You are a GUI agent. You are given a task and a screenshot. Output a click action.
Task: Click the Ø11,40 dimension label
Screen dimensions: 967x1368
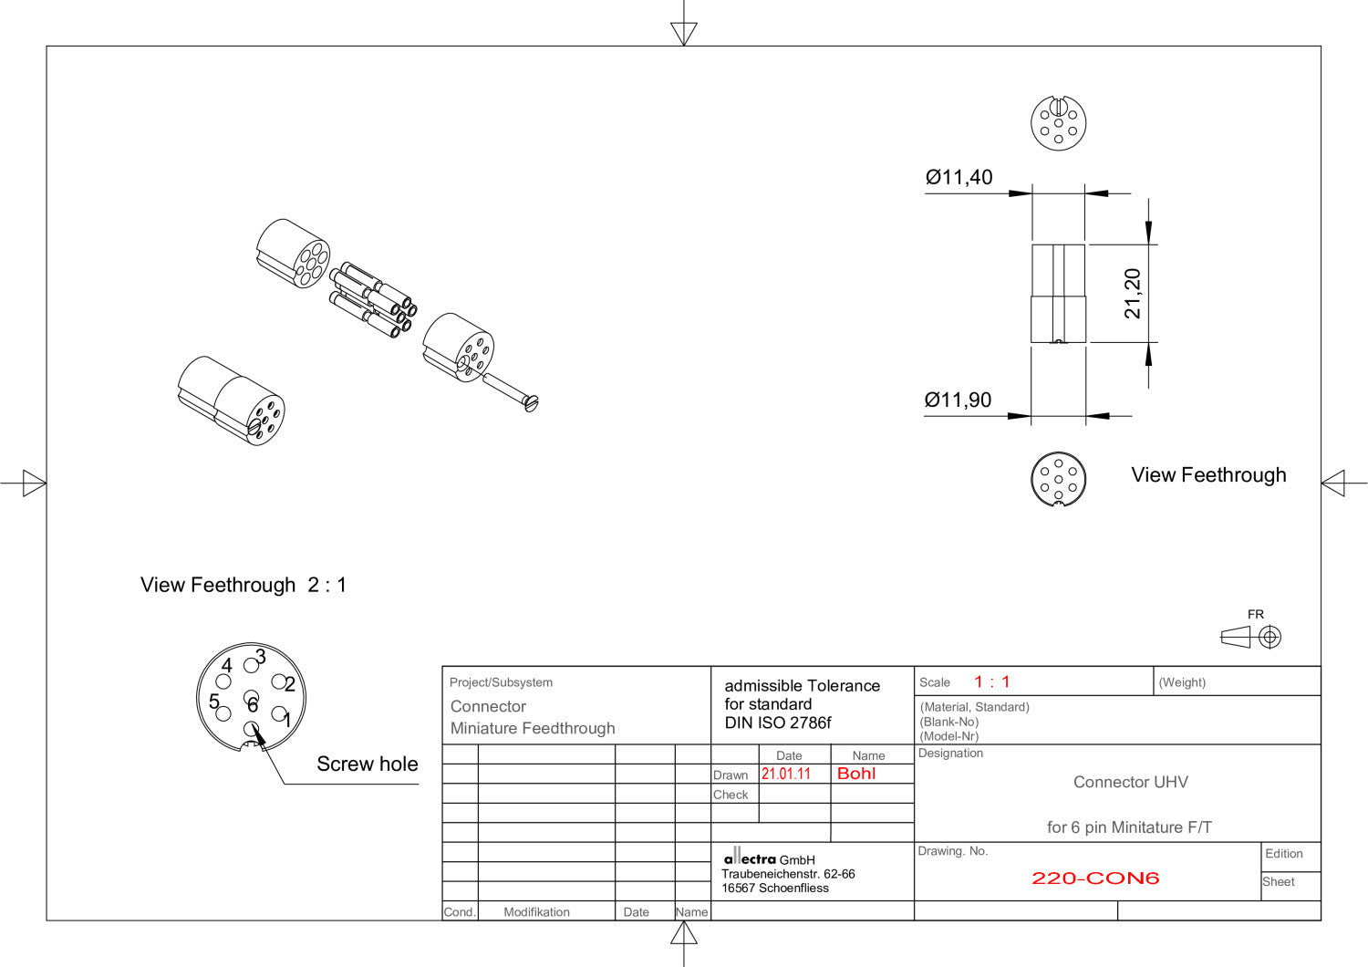point(959,177)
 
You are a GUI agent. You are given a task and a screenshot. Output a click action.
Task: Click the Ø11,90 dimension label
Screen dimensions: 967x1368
point(958,400)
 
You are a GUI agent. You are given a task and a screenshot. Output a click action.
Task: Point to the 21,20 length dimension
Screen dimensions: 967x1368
point(1133,294)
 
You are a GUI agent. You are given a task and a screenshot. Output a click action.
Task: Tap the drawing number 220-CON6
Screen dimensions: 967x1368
point(1095,879)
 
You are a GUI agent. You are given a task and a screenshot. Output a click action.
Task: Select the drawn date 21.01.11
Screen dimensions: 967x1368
point(786,774)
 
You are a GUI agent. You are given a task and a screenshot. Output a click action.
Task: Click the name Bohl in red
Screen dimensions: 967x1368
point(856,774)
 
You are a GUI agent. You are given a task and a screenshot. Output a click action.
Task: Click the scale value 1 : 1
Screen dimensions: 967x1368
point(991,681)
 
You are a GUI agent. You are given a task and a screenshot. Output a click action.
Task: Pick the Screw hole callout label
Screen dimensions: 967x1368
point(367,764)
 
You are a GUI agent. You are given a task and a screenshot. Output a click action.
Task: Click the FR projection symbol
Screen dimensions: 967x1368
point(1251,636)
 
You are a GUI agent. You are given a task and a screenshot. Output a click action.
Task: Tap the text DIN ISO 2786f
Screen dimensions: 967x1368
point(777,723)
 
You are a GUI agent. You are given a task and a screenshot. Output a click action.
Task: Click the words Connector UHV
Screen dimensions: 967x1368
point(1130,782)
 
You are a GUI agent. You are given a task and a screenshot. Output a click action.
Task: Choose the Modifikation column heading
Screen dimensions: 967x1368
point(536,911)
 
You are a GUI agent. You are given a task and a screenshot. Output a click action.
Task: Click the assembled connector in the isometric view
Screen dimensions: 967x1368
point(232,400)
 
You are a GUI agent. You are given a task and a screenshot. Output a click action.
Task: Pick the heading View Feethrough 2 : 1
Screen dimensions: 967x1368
point(244,585)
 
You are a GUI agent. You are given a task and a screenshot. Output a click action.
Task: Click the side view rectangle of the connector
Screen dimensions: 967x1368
point(1058,294)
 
